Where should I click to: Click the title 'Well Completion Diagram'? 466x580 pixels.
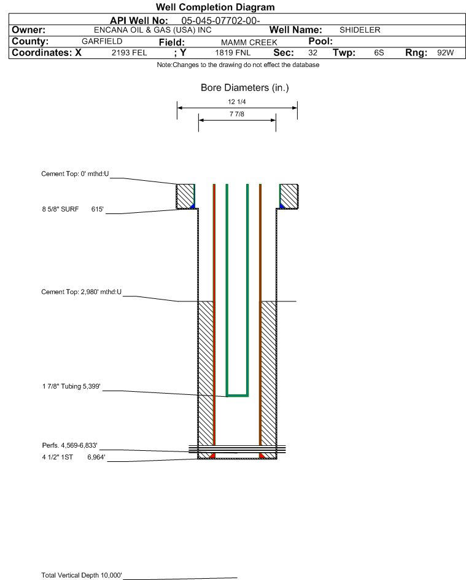pos(216,7)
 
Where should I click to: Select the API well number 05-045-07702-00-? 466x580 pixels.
pos(220,21)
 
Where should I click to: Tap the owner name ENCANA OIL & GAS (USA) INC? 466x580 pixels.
pos(152,30)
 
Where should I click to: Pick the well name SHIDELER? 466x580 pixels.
pos(360,30)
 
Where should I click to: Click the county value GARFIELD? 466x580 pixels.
pos(102,41)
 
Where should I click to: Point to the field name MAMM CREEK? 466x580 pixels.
pos(249,42)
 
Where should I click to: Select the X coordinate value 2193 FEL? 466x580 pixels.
pos(129,52)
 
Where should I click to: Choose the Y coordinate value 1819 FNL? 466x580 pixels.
pos(233,52)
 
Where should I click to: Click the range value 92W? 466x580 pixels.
pos(445,52)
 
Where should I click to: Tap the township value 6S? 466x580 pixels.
pos(379,52)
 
